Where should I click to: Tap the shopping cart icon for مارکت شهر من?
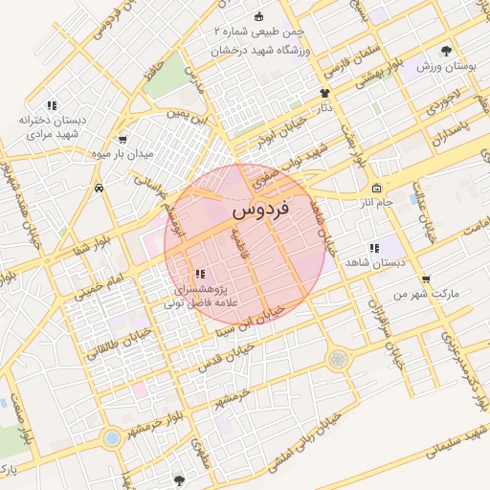point(426,279)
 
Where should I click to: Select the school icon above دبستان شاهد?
point(374,248)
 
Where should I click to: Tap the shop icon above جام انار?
point(377,188)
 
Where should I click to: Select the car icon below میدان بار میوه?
point(100,189)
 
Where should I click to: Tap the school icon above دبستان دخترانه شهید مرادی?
point(53,105)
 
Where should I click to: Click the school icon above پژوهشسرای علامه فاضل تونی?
point(199,274)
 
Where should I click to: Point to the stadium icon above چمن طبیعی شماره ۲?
point(258,17)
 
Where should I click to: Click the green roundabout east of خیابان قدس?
point(337,360)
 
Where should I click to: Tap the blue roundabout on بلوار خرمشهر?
point(112,437)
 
